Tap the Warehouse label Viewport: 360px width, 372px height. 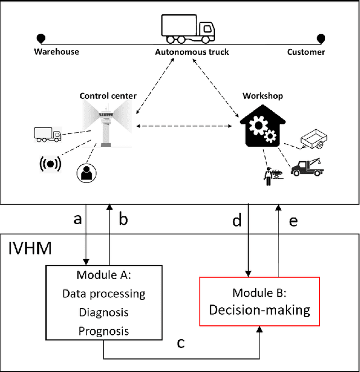click(x=57, y=52)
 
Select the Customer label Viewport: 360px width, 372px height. click(x=306, y=52)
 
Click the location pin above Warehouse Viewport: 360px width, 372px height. click(x=41, y=38)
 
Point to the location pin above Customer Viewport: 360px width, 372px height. click(x=321, y=38)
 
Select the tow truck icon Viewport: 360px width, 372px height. click(x=308, y=166)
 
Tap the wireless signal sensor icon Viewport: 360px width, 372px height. click(x=49, y=164)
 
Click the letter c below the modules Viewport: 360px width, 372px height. click(x=181, y=342)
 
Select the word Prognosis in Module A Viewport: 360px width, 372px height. click(x=103, y=330)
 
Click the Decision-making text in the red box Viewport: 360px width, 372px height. click(x=260, y=310)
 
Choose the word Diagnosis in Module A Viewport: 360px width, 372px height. click(x=103, y=312)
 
